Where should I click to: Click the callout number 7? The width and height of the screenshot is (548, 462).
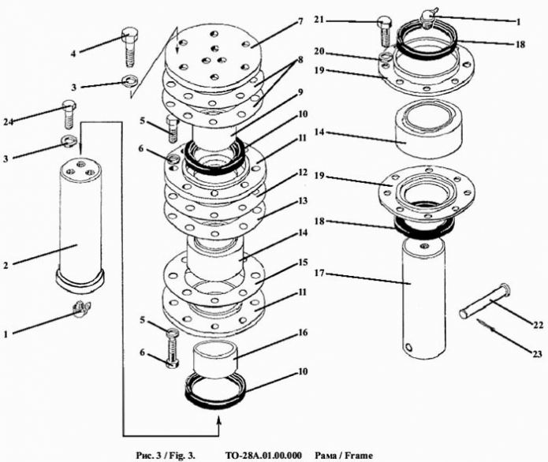click(300, 20)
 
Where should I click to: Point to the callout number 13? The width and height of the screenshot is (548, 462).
click(303, 202)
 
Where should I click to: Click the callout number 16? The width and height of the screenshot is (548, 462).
click(303, 333)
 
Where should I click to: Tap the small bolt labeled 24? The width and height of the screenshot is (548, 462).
click(69, 115)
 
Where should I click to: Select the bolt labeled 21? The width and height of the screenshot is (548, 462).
click(385, 31)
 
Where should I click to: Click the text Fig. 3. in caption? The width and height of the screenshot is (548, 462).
click(183, 455)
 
